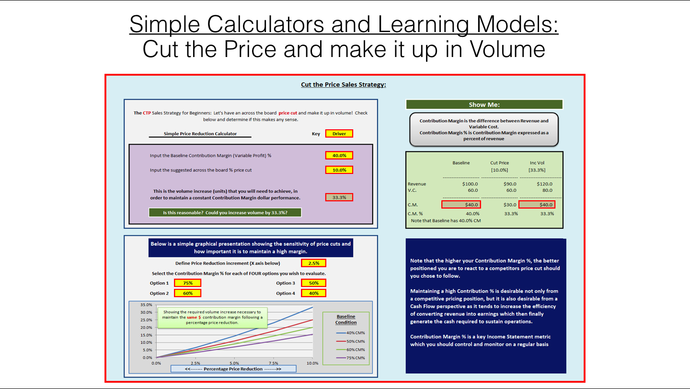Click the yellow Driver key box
click(x=339, y=134)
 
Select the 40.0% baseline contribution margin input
click(x=339, y=156)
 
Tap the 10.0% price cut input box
click(x=339, y=170)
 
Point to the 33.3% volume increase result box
click(x=339, y=197)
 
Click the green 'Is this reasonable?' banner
click(x=225, y=213)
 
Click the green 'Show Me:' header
click(x=484, y=104)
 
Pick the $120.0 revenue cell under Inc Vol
click(x=545, y=184)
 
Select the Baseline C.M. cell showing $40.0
click(x=461, y=205)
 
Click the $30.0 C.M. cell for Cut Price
click(x=510, y=205)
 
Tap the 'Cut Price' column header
click(x=499, y=162)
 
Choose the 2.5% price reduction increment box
click(x=313, y=263)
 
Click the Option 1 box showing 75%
click(x=188, y=283)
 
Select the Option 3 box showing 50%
click(x=313, y=283)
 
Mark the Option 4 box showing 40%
click(x=313, y=293)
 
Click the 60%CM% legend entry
click(x=351, y=350)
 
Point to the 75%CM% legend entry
click(x=351, y=358)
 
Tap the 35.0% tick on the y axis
click(x=146, y=305)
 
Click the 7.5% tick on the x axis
click(x=273, y=363)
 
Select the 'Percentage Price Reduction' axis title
click(x=233, y=369)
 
